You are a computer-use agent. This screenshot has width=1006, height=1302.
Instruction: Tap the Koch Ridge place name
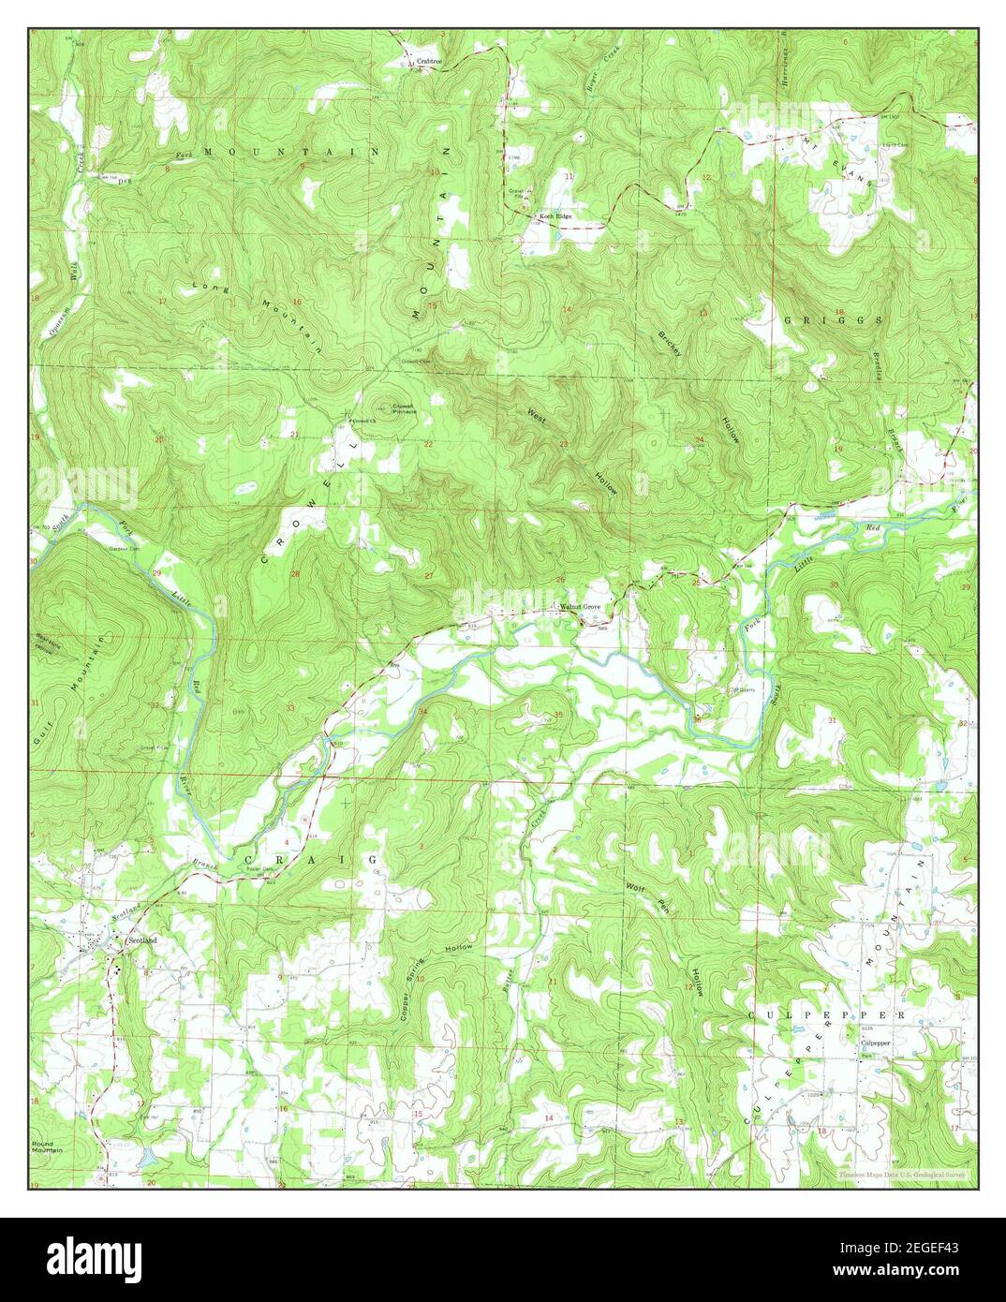(x=555, y=216)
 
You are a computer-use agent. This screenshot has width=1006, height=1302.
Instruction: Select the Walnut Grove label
(x=580, y=607)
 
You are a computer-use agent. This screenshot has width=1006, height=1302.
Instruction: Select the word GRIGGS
(x=846, y=319)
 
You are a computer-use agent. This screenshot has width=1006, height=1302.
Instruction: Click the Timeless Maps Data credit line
(x=904, y=1173)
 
